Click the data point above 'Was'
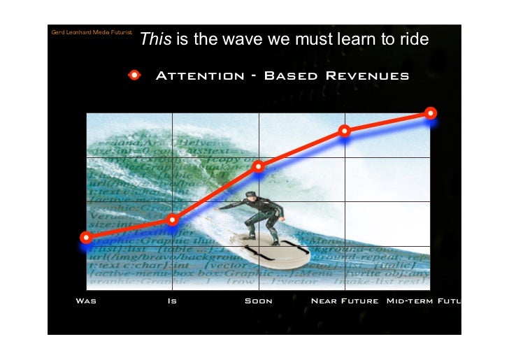point(86,238)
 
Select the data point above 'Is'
point(173,220)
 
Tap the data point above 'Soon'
point(259,166)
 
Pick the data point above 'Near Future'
point(345,131)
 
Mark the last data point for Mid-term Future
point(431,113)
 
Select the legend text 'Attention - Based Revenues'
point(281,75)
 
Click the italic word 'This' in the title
point(155,41)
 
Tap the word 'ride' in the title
point(412,41)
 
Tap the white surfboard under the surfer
point(269,246)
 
